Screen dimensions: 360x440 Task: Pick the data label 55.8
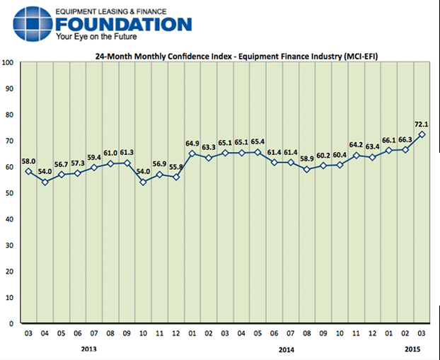pyautogui.click(x=176, y=167)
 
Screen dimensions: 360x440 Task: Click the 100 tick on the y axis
pyautogui.click(x=9, y=63)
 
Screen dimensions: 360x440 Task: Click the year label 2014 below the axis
pyautogui.click(x=286, y=349)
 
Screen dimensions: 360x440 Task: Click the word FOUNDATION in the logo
pyautogui.click(x=127, y=25)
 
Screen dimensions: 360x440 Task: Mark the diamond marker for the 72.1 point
pyautogui.click(x=422, y=134)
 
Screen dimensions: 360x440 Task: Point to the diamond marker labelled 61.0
pyautogui.click(x=110, y=163)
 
